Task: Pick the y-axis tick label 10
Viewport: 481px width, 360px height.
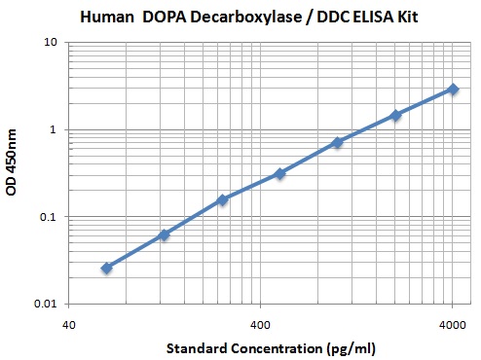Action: click(52, 43)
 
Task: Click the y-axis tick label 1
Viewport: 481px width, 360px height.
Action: click(55, 129)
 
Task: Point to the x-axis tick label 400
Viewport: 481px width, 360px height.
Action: click(260, 322)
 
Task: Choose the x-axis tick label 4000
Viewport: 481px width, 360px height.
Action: click(452, 322)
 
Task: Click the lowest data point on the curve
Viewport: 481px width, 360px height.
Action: click(107, 268)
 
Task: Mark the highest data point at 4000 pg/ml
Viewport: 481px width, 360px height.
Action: click(453, 89)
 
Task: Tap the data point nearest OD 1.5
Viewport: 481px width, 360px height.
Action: click(395, 115)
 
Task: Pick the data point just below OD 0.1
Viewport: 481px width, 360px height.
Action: click(165, 234)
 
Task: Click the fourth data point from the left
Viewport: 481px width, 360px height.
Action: click(280, 173)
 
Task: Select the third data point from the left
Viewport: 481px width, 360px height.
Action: click(222, 199)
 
